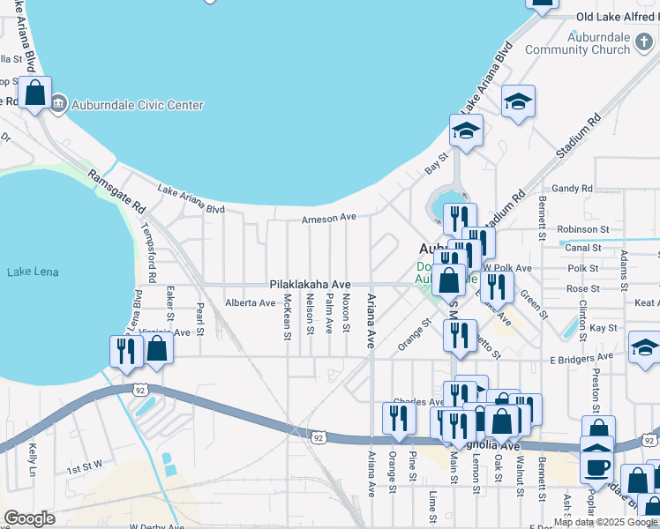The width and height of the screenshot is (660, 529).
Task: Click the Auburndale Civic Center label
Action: pyautogui.click(x=138, y=105)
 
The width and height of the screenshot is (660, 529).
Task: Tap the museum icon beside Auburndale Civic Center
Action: pyautogui.click(x=59, y=105)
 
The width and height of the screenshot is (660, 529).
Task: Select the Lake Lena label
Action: pyautogui.click(x=33, y=272)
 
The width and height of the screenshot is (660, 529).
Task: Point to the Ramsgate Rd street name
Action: pyautogui.click(x=116, y=190)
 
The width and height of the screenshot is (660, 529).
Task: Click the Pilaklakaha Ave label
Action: pyautogui.click(x=310, y=285)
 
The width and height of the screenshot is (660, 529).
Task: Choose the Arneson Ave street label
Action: pyautogui.click(x=328, y=219)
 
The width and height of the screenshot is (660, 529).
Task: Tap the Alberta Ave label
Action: pyautogui.click(x=250, y=302)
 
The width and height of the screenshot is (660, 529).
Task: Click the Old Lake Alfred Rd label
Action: pyautogui.click(x=617, y=17)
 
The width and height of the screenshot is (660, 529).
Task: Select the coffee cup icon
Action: pyautogui.click(x=597, y=466)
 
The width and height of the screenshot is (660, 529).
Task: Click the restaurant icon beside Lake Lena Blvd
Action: pyautogui.click(x=126, y=351)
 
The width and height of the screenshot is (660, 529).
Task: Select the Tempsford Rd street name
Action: pyautogui.click(x=149, y=252)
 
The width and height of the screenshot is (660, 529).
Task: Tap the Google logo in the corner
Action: pyautogui.click(x=30, y=518)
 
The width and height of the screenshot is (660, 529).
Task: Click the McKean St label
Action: pyautogui.click(x=287, y=317)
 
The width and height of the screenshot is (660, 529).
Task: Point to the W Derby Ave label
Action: pyautogui.click(x=159, y=526)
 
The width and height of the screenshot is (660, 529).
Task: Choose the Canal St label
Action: pyautogui.click(x=583, y=248)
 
